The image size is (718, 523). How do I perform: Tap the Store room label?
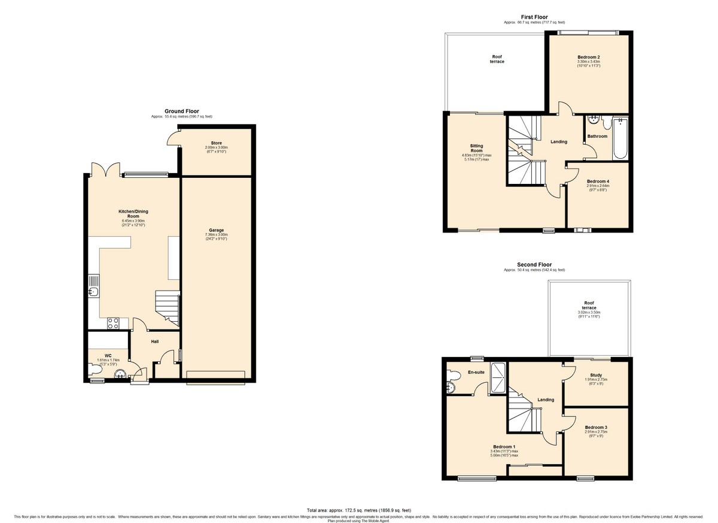216,143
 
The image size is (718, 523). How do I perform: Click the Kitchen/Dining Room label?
133,213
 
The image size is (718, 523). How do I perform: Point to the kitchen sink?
93,292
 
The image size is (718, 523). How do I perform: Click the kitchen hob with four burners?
114,323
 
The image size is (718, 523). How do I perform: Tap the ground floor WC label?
108,356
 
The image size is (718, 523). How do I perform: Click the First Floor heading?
534,17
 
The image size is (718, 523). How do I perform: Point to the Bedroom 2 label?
588,57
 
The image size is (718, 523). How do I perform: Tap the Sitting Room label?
476,148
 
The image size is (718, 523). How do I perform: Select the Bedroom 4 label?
597,182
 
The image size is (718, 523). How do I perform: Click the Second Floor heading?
534,264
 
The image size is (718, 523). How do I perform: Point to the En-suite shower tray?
497,379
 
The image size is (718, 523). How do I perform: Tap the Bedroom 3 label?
596,427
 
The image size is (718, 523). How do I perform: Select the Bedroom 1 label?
503,447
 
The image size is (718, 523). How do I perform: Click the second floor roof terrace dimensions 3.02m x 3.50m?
589,313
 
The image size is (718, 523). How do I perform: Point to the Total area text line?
359,510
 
